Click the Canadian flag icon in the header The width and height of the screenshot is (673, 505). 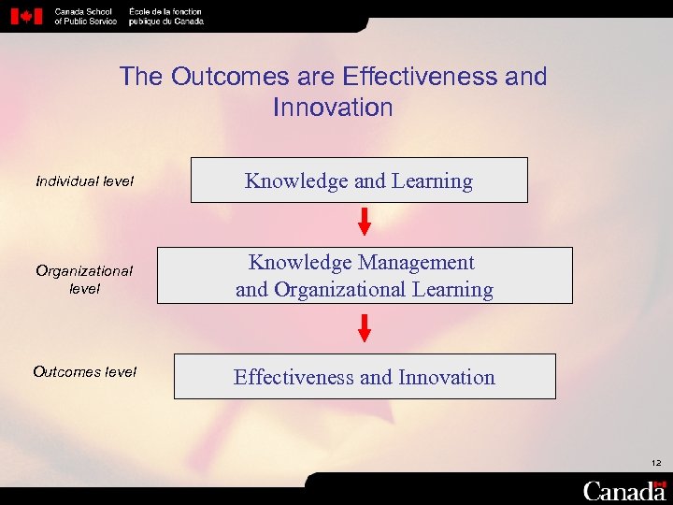pyautogui.click(x=26, y=16)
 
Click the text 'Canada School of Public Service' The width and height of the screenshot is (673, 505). pyautogui.click(x=85, y=16)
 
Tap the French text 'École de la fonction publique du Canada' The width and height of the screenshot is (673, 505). pyautogui.click(x=165, y=16)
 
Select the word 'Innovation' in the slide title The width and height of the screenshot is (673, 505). pyautogui.click(x=333, y=108)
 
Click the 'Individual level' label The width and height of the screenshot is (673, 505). pyautogui.click(x=85, y=180)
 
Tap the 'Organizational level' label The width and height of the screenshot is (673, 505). pyautogui.click(x=85, y=280)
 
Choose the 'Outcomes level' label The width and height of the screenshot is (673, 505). pyautogui.click(x=85, y=372)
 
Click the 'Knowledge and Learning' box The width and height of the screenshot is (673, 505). pyautogui.click(x=359, y=180)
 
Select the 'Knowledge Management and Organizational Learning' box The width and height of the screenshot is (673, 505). pyautogui.click(x=365, y=276)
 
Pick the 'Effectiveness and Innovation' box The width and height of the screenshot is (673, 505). pyautogui.click(x=365, y=377)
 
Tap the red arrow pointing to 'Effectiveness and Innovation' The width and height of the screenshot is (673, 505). pyautogui.click(x=365, y=328)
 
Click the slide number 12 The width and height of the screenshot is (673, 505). pyautogui.click(x=657, y=463)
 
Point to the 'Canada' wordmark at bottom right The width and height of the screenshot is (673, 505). pyautogui.click(x=623, y=491)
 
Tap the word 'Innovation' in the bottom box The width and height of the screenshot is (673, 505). pyautogui.click(x=446, y=377)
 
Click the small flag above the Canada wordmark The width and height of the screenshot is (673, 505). pyautogui.click(x=660, y=481)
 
